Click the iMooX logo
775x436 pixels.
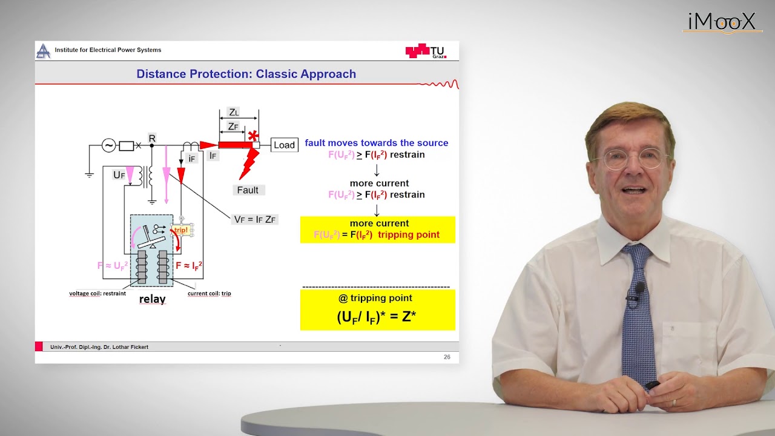point(722,22)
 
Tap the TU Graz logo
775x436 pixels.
point(426,51)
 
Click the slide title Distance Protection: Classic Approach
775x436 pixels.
point(246,74)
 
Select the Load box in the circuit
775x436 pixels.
point(284,145)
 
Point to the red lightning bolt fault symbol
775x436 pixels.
point(248,163)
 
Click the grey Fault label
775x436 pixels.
point(248,190)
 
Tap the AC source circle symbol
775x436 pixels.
point(108,145)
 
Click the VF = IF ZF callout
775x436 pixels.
point(256,219)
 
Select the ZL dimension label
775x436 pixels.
point(234,112)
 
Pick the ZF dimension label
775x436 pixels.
point(233,126)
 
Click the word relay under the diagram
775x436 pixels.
point(152,299)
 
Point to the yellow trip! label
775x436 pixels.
point(181,230)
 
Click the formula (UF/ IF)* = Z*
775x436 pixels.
point(377,317)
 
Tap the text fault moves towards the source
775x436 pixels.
point(377,143)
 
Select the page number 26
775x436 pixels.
point(447,357)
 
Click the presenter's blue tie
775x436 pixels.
point(638,315)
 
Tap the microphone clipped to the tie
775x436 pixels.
point(639,289)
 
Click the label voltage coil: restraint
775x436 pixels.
point(97,294)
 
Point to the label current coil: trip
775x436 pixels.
point(209,294)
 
